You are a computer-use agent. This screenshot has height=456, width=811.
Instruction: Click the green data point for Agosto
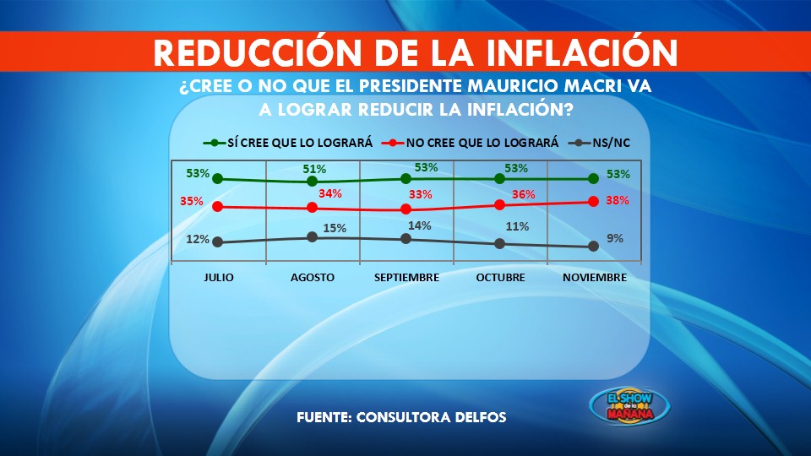tap(312, 182)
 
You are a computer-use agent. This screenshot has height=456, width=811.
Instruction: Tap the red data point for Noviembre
tap(593, 202)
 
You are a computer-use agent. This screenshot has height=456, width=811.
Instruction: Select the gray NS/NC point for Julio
tap(218, 242)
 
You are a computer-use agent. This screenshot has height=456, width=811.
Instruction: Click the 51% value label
tap(314, 169)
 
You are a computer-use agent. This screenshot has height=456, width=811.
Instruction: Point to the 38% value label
tap(618, 200)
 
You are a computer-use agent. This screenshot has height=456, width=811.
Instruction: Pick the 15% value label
tap(335, 228)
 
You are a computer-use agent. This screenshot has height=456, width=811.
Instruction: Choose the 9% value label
tap(615, 238)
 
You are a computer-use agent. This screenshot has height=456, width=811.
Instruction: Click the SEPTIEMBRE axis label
tap(406, 278)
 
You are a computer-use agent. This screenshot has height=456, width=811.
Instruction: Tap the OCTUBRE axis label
tap(500, 278)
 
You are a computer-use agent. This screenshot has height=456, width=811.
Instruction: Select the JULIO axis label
tap(218, 278)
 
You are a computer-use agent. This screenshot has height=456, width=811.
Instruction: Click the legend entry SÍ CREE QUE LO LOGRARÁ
tap(288, 143)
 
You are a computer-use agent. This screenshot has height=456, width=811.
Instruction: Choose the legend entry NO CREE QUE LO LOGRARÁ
tap(471, 143)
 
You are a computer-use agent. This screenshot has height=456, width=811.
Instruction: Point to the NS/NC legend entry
tap(600, 143)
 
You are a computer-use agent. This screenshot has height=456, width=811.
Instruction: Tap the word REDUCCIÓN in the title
tap(258, 52)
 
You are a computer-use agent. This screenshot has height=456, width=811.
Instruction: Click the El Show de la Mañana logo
tap(629, 406)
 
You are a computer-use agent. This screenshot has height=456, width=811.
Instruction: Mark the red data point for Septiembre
tap(406, 209)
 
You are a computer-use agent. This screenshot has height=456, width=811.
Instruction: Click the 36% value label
tap(524, 194)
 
